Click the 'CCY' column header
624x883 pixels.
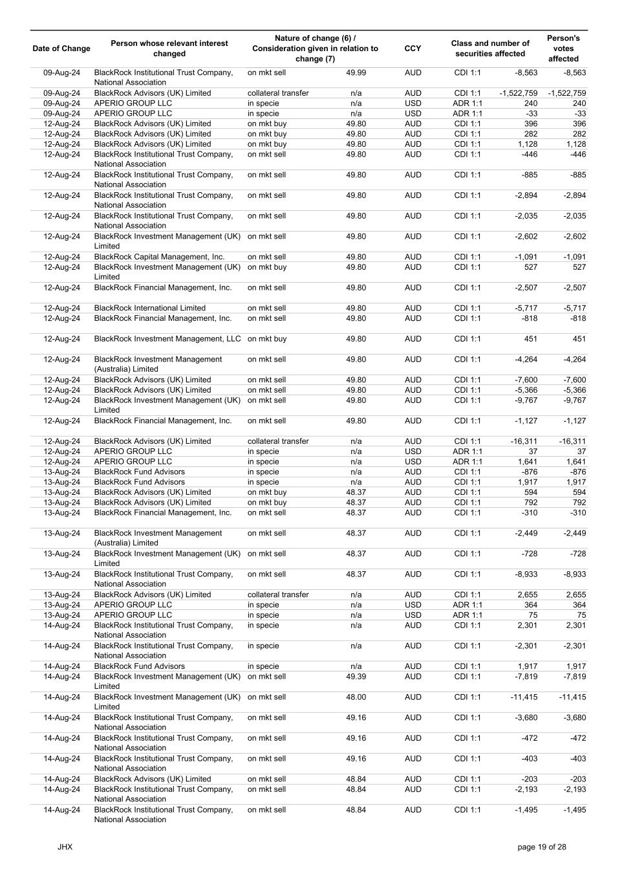click(413, 49)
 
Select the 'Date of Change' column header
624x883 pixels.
click(61, 49)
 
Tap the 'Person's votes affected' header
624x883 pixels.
click(563, 49)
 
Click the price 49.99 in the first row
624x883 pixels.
click(356, 72)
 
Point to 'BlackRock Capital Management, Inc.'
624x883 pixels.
click(159, 257)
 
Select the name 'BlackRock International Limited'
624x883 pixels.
click(150, 308)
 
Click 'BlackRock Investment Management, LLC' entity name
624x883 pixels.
click(167, 339)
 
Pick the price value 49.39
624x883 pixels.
click(356, 677)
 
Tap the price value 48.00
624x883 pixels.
click(356, 697)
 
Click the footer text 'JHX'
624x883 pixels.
click(65, 847)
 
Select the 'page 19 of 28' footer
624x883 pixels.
click(542, 847)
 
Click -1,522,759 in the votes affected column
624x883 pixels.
click(567, 93)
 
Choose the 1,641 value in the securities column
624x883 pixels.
click(528, 462)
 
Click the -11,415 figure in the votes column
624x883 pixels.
click(572, 697)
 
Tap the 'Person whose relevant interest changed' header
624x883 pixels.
click(169, 49)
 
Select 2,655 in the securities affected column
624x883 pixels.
click(528, 594)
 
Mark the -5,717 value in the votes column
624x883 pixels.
click(574, 308)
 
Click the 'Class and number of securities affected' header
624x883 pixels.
click(490, 49)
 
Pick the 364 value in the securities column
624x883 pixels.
click(530, 605)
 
